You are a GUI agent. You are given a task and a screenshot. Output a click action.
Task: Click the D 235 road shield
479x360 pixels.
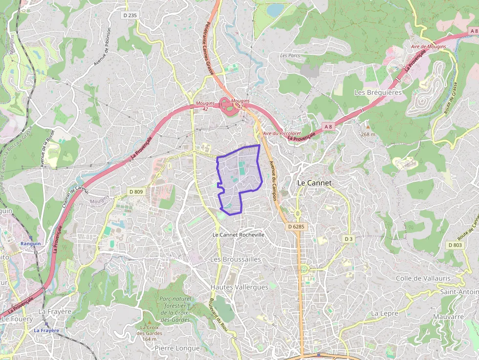click(130, 16)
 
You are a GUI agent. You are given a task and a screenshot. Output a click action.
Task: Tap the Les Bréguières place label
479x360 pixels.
click(378, 92)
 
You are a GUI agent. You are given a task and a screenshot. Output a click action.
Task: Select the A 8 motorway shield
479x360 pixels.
click(327, 127)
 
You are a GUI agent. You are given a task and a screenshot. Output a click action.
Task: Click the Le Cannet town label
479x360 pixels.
click(314, 183)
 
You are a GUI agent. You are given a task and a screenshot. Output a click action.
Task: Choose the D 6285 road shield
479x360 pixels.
click(296, 227)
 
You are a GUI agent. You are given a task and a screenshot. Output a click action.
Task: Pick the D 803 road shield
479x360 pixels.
click(455, 245)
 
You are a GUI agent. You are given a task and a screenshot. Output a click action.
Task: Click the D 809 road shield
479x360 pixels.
click(136, 192)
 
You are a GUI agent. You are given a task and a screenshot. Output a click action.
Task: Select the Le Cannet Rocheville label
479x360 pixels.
click(239, 234)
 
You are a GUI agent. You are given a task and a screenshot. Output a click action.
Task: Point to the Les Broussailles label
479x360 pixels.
click(236, 259)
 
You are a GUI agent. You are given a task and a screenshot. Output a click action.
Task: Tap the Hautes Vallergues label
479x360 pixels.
click(239, 287)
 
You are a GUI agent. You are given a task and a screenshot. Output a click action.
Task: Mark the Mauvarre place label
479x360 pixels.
click(448, 317)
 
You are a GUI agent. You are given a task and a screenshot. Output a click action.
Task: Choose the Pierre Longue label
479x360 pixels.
click(177, 348)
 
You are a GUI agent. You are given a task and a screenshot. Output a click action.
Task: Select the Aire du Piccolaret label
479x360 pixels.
click(282, 133)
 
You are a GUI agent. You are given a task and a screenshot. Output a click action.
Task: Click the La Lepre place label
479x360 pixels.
click(385, 313)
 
